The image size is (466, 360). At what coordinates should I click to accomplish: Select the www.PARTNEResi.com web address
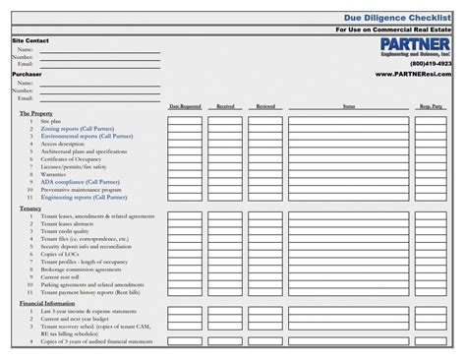[x=414, y=75]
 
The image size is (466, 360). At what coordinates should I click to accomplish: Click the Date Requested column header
[x=185, y=105]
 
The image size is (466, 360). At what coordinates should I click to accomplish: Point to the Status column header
[x=349, y=105]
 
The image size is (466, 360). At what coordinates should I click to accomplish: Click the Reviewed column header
[x=265, y=105]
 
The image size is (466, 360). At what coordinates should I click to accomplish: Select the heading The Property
[x=36, y=114]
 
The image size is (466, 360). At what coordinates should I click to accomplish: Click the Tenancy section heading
[x=30, y=209]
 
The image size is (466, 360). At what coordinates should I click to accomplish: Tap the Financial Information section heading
[x=47, y=303]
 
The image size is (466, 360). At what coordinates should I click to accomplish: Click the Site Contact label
[x=29, y=40]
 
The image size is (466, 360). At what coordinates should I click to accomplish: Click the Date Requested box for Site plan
[x=185, y=121]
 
